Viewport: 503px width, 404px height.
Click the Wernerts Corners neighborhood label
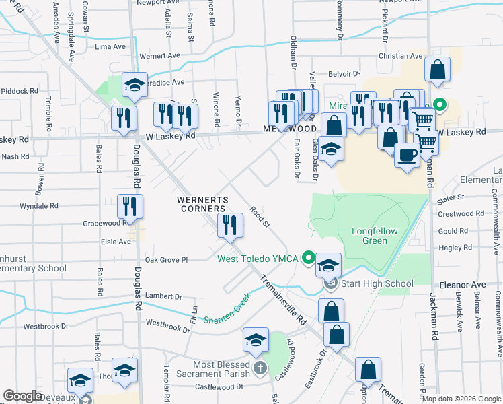202,204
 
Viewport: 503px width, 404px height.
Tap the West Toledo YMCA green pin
309,257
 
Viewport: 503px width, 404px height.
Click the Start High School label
377,283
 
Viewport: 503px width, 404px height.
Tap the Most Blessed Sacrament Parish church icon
261,368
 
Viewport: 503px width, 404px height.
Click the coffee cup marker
408,156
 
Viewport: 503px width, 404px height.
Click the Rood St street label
260,217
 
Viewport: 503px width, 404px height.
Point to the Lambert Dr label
164,296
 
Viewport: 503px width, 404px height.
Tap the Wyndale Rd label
39,205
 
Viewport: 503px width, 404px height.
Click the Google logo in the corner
22,396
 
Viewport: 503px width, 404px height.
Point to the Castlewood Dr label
219,386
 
